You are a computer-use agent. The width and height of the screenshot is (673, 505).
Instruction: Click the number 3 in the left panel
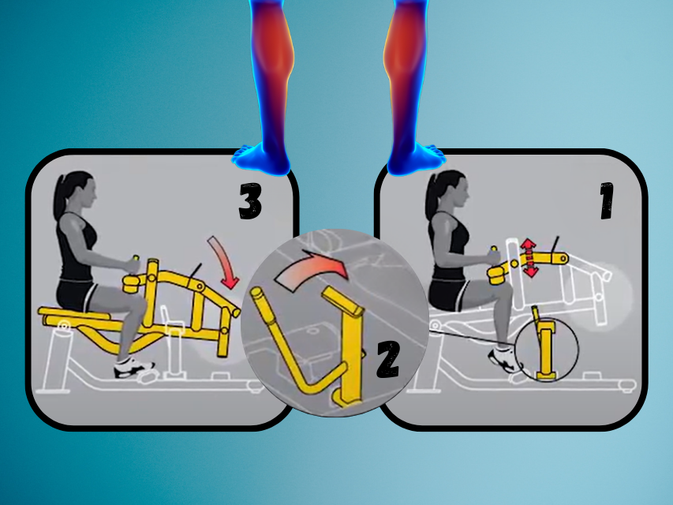(250, 201)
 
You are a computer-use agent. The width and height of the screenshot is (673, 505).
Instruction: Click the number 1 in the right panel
(607, 200)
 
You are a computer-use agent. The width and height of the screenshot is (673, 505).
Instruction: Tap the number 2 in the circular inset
(388, 360)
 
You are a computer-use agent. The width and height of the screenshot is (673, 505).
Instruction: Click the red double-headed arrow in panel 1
(529, 258)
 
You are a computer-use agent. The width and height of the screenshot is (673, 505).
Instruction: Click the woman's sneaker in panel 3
(134, 368)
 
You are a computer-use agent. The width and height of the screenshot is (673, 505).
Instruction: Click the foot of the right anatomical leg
(415, 158)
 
